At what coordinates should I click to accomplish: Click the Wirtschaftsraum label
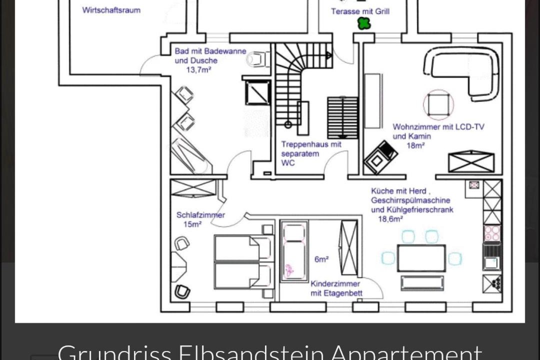coord(111,10)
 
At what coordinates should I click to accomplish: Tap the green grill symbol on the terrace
coord(363,23)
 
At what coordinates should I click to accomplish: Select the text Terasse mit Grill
coord(360,11)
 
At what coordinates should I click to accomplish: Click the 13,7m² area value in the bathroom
coord(198,70)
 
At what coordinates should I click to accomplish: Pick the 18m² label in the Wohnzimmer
coord(415,145)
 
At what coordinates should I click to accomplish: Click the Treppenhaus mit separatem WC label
coord(311,153)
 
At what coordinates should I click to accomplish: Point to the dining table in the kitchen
coord(421,258)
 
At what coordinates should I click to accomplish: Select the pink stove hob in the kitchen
coord(492,233)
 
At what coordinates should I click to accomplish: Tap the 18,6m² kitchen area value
coord(390,219)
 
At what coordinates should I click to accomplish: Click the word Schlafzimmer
coord(200,215)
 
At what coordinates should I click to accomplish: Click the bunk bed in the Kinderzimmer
coord(294,251)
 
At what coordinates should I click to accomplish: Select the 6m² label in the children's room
coord(321,259)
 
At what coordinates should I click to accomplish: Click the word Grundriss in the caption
coord(114,352)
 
